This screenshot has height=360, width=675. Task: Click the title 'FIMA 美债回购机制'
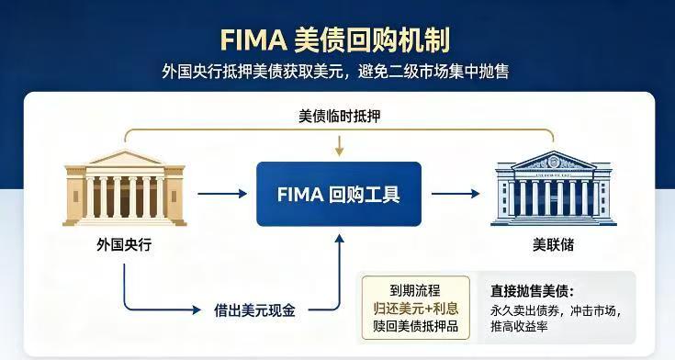pos(335,40)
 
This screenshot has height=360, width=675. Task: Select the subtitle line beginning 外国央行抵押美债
pos(335,71)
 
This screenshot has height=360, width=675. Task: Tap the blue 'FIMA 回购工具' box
pos(339,194)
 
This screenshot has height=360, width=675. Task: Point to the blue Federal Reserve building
pos(554,188)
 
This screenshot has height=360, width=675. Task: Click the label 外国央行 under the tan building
pos(124,244)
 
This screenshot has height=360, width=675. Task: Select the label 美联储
pos(553,244)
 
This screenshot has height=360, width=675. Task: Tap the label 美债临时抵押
pos(339,116)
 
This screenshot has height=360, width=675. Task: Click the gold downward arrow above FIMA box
pos(340,146)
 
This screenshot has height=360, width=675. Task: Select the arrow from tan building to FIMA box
pos(222,194)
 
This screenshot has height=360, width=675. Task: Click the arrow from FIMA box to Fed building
pos(456,194)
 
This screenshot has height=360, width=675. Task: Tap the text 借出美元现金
pos(254,309)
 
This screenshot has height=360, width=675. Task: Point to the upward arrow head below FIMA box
pos(340,239)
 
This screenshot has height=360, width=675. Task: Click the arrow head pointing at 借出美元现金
pos(197,309)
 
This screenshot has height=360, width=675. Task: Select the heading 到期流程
pos(415,291)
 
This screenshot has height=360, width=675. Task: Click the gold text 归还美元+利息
pos(415,309)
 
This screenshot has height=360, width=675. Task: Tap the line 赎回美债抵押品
pos(415,326)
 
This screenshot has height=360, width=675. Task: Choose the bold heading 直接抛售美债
pos(532,291)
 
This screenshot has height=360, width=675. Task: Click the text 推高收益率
pos(519,326)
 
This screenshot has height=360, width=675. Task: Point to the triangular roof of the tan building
pos(125,158)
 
